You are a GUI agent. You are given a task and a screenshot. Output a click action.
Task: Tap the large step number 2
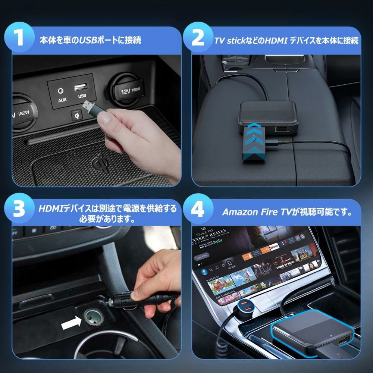tap(198, 39)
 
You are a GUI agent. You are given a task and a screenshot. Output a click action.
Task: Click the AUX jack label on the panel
tap(62, 100)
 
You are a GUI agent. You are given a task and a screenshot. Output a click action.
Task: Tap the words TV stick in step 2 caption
tap(232, 40)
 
